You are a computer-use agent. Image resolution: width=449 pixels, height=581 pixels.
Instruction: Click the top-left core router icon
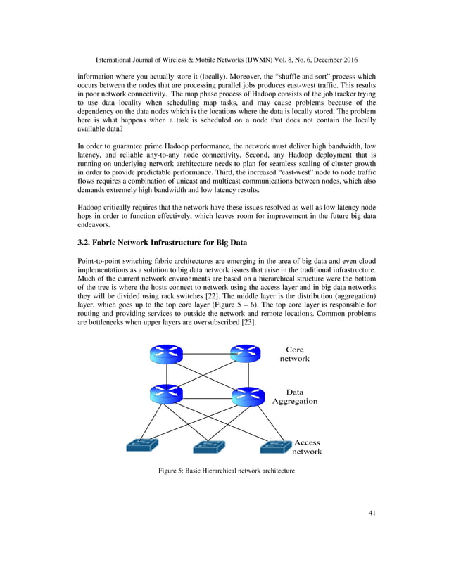[166, 353]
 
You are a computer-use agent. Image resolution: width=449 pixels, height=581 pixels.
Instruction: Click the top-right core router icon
[246, 353]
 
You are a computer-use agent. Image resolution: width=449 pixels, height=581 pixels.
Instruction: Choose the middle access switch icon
[209, 447]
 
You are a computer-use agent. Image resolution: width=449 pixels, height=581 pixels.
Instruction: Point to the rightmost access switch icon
[275, 446]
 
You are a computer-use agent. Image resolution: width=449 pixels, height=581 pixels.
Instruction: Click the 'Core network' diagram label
[294, 354]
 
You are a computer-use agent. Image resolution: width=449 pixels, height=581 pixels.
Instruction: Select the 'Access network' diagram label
[307, 447]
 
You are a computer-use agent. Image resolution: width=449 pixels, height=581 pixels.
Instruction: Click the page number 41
[372, 513]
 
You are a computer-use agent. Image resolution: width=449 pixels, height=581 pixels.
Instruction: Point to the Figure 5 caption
[225, 470]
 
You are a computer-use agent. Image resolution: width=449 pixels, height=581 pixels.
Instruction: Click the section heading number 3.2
[85, 242]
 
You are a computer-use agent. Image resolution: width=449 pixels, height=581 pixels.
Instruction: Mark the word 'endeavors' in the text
[96, 226]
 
